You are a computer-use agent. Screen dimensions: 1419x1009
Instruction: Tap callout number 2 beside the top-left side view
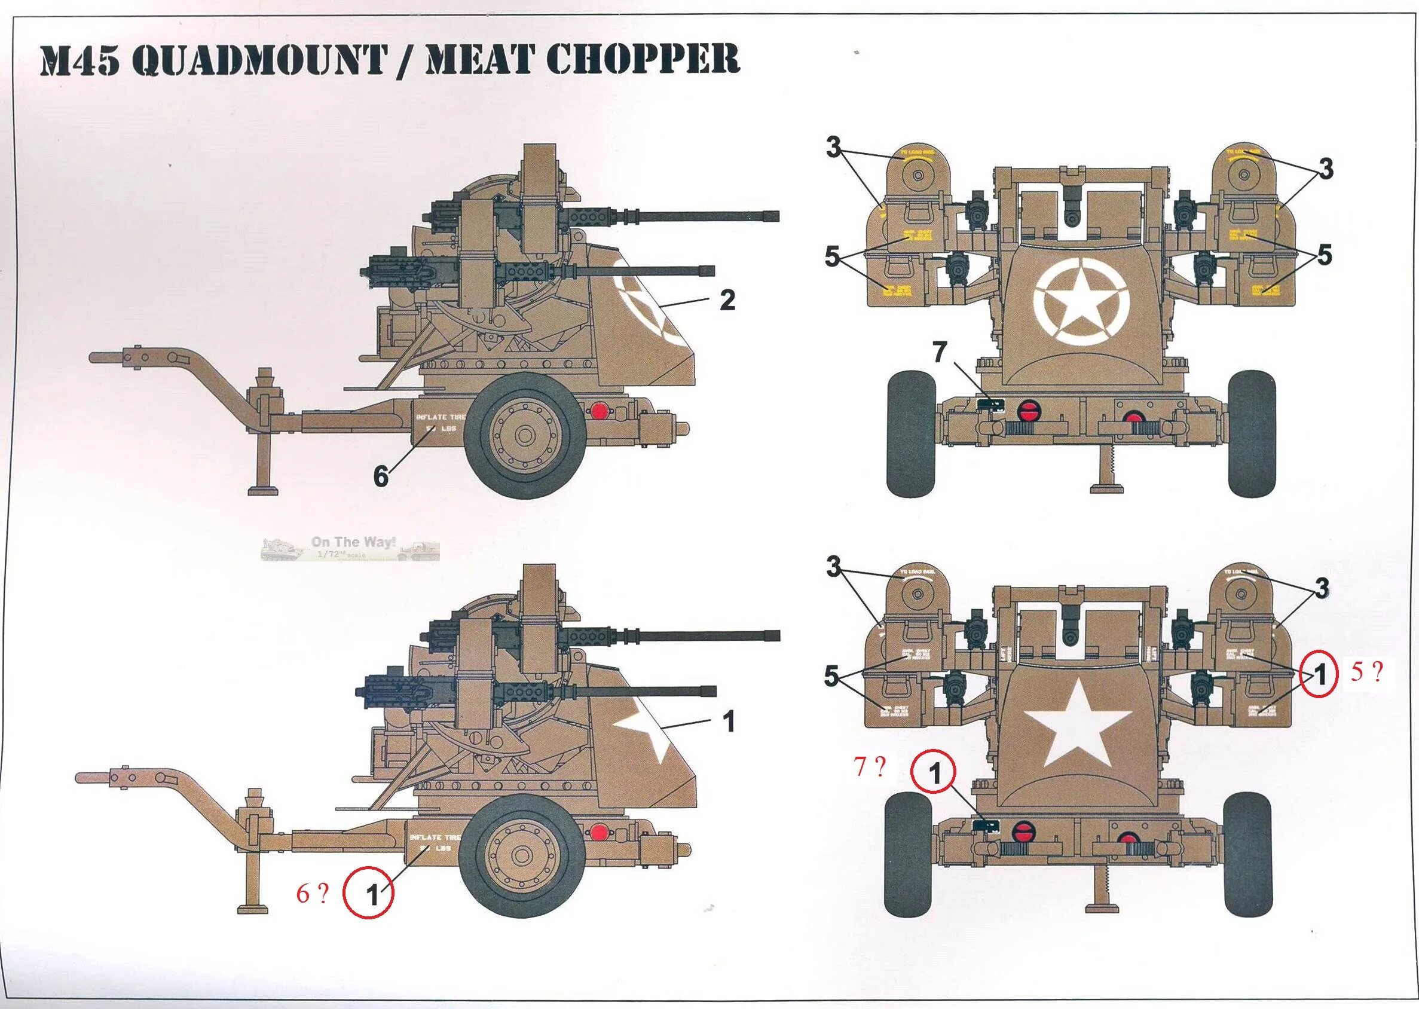point(727,300)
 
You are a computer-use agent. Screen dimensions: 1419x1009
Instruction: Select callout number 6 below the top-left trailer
point(381,476)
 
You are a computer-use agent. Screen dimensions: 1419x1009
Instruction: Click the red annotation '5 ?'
point(1367,672)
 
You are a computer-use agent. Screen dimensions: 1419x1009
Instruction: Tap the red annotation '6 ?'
point(312,894)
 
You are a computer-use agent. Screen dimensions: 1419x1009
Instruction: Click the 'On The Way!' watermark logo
point(350,548)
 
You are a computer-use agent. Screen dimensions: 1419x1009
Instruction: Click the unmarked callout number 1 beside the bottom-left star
point(729,721)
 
